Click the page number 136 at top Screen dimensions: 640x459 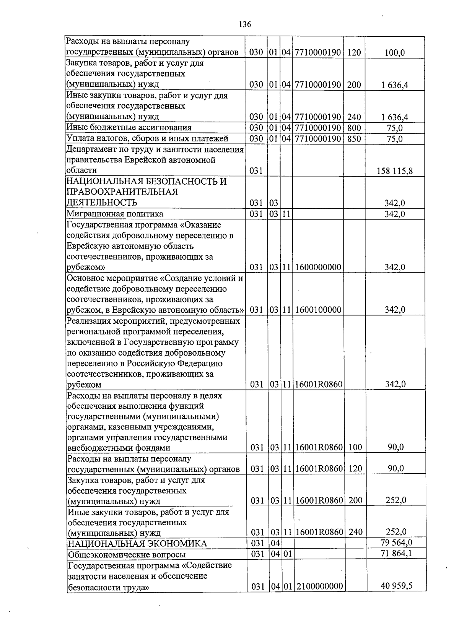click(x=245, y=24)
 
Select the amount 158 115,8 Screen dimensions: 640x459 click(x=395, y=171)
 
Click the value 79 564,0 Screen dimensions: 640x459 click(x=396, y=543)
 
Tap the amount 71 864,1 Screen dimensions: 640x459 click(x=396, y=553)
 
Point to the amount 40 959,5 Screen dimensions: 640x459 click(x=396, y=586)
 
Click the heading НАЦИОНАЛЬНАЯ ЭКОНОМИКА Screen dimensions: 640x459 click(x=137, y=544)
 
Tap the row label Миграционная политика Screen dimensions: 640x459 click(x=115, y=214)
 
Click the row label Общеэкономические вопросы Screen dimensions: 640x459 click(x=127, y=554)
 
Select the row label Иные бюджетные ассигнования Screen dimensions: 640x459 click(x=129, y=127)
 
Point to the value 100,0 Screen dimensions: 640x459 click(x=395, y=53)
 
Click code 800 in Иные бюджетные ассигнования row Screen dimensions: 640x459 click(x=354, y=128)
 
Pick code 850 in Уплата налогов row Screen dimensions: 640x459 click(x=354, y=138)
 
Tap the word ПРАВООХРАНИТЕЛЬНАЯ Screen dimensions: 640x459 click(x=122, y=192)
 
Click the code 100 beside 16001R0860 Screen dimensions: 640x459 click(x=355, y=447)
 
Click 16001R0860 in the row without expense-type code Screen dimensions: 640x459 click(x=319, y=384)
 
